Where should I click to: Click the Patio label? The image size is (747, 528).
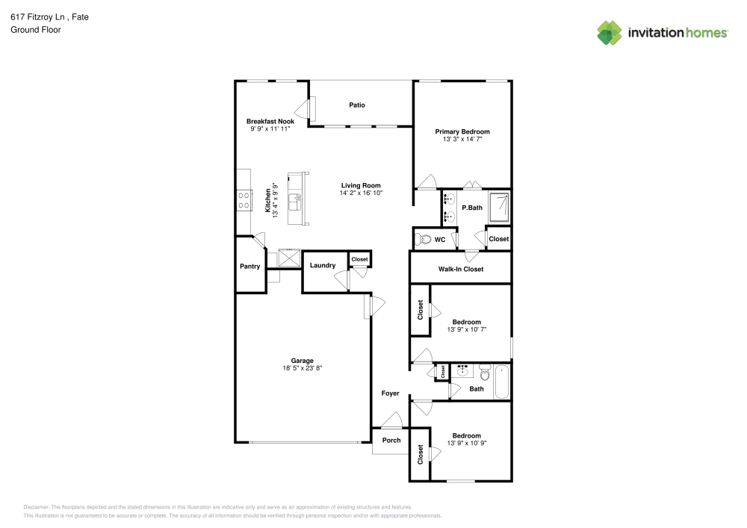(357, 105)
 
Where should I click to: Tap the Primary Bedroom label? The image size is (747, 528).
(462, 132)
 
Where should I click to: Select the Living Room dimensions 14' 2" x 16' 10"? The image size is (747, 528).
(361, 193)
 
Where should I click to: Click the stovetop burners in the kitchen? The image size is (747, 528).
(244, 200)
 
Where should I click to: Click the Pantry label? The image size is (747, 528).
(249, 267)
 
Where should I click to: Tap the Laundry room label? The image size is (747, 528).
(323, 266)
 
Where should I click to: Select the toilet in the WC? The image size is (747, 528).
(423, 240)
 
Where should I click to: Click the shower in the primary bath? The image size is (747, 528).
(499, 207)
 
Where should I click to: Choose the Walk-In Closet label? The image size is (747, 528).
(461, 270)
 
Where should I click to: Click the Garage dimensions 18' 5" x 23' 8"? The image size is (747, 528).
(302, 368)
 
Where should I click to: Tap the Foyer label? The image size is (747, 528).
(390, 394)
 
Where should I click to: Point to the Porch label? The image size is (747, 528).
(391, 441)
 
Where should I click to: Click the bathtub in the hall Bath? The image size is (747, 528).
(502, 382)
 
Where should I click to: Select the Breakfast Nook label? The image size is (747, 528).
(270, 122)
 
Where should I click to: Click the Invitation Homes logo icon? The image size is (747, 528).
(610, 33)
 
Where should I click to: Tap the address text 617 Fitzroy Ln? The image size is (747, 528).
(37, 17)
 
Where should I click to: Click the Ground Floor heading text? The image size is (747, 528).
(36, 30)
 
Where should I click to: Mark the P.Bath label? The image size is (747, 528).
(472, 208)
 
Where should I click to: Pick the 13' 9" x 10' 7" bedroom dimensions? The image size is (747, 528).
(466, 329)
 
